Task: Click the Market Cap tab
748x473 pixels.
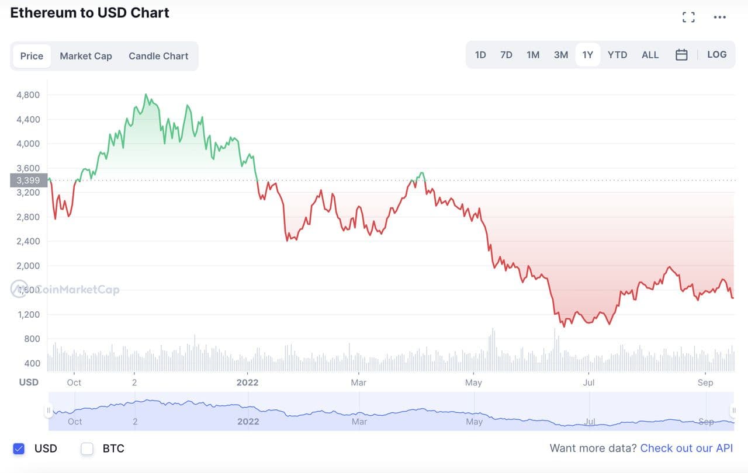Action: (x=86, y=56)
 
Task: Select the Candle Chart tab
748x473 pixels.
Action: (x=158, y=56)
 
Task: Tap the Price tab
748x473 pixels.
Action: (x=32, y=56)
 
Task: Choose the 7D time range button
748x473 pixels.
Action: (x=506, y=55)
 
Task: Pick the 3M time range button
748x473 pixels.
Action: (x=561, y=55)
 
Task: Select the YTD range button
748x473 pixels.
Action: (x=617, y=55)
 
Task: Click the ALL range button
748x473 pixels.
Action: (x=650, y=55)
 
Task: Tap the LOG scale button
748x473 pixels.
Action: (x=717, y=55)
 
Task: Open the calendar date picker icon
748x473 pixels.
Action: (x=681, y=55)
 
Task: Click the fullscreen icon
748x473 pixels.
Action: (x=689, y=17)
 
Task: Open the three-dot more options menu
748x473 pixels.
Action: (x=720, y=17)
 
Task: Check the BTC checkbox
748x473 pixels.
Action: (x=87, y=448)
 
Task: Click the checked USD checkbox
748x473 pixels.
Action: (x=19, y=448)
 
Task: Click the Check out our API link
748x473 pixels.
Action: (x=686, y=448)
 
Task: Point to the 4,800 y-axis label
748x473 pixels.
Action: (x=29, y=95)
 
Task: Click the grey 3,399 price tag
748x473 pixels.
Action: (x=29, y=180)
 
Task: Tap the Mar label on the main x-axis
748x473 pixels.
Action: (x=358, y=382)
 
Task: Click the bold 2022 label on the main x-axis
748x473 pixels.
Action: (x=247, y=382)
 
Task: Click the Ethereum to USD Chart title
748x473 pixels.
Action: (x=90, y=13)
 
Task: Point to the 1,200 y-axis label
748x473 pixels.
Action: (x=29, y=314)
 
